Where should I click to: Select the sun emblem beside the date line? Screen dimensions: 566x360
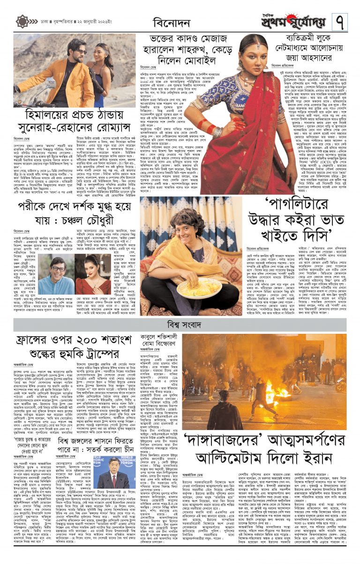[22, 22]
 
